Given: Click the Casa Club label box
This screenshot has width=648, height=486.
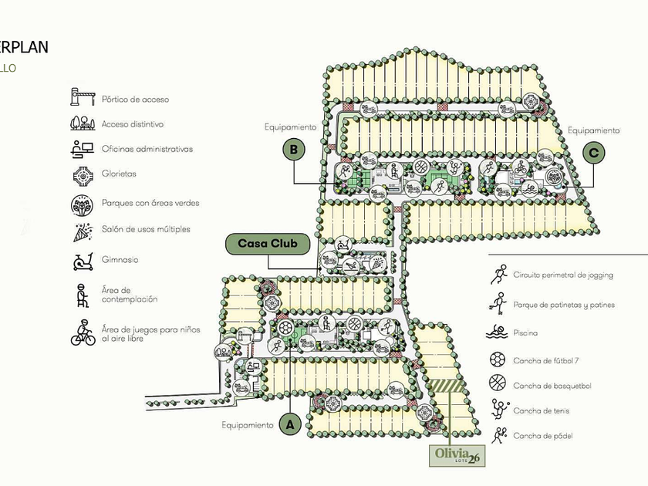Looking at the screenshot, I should click(268, 244).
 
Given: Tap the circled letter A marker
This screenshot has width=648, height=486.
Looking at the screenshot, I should click(290, 424).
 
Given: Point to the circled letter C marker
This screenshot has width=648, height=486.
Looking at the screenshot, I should click(593, 153).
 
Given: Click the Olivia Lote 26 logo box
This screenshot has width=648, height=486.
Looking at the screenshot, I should click(459, 455).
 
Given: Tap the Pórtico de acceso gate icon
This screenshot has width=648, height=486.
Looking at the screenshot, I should click(82, 98).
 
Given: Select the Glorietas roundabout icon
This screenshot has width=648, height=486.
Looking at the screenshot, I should click(82, 175).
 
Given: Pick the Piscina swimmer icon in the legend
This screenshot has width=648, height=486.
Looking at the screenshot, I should click(498, 333).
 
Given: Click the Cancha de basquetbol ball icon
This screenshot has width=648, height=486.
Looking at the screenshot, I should click(498, 384).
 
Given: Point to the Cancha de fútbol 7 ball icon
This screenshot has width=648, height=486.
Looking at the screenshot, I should click(498, 360).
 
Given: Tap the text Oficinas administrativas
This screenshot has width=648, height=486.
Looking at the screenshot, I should click(147, 149).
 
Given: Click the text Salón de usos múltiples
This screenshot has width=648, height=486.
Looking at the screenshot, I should click(146, 229).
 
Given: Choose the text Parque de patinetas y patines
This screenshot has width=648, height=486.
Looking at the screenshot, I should click(564, 305).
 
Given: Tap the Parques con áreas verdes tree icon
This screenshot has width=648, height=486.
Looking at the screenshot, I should click(82, 204).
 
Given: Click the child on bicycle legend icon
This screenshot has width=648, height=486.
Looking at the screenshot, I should click(83, 332).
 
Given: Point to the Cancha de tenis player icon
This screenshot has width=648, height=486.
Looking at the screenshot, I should click(498, 409).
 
